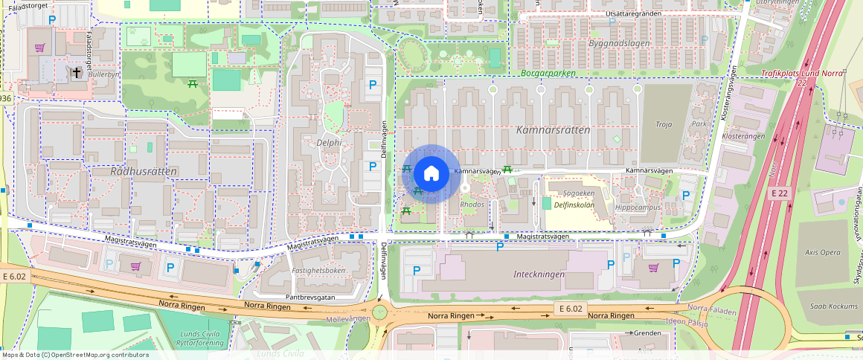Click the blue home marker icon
(431, 174)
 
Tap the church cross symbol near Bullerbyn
(77, 72)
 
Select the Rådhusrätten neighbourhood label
(144, 171)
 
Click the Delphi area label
(328, 143)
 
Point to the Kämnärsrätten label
(553, 129)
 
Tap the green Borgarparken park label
(549, 74)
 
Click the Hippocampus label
(638, 208)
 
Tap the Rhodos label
(472, 204)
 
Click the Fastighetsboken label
(318, 271)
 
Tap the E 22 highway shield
(779, 193)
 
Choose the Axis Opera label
(823, 252)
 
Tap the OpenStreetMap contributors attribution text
(74, 355)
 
